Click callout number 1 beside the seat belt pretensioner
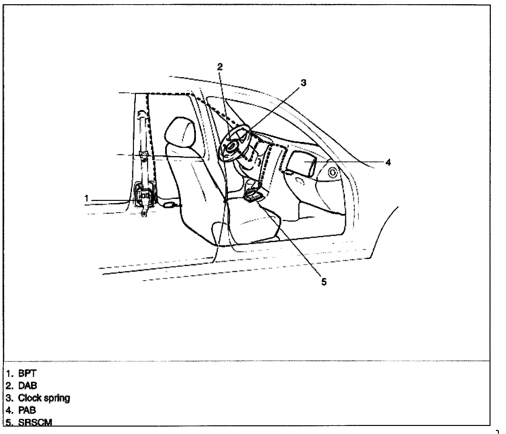click(86, 198)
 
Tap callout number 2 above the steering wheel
click(220, 67)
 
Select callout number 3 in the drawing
click(303, 83)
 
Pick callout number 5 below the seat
click(324, 281)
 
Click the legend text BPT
click(27, 373)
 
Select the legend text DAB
click(27, 386)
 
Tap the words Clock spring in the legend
click(44, 398)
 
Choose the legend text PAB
click(27, 410)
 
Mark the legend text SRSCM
click(35, 423)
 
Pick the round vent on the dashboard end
click(333, 173)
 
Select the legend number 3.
click(9, 398)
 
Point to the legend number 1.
click(9, 373)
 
